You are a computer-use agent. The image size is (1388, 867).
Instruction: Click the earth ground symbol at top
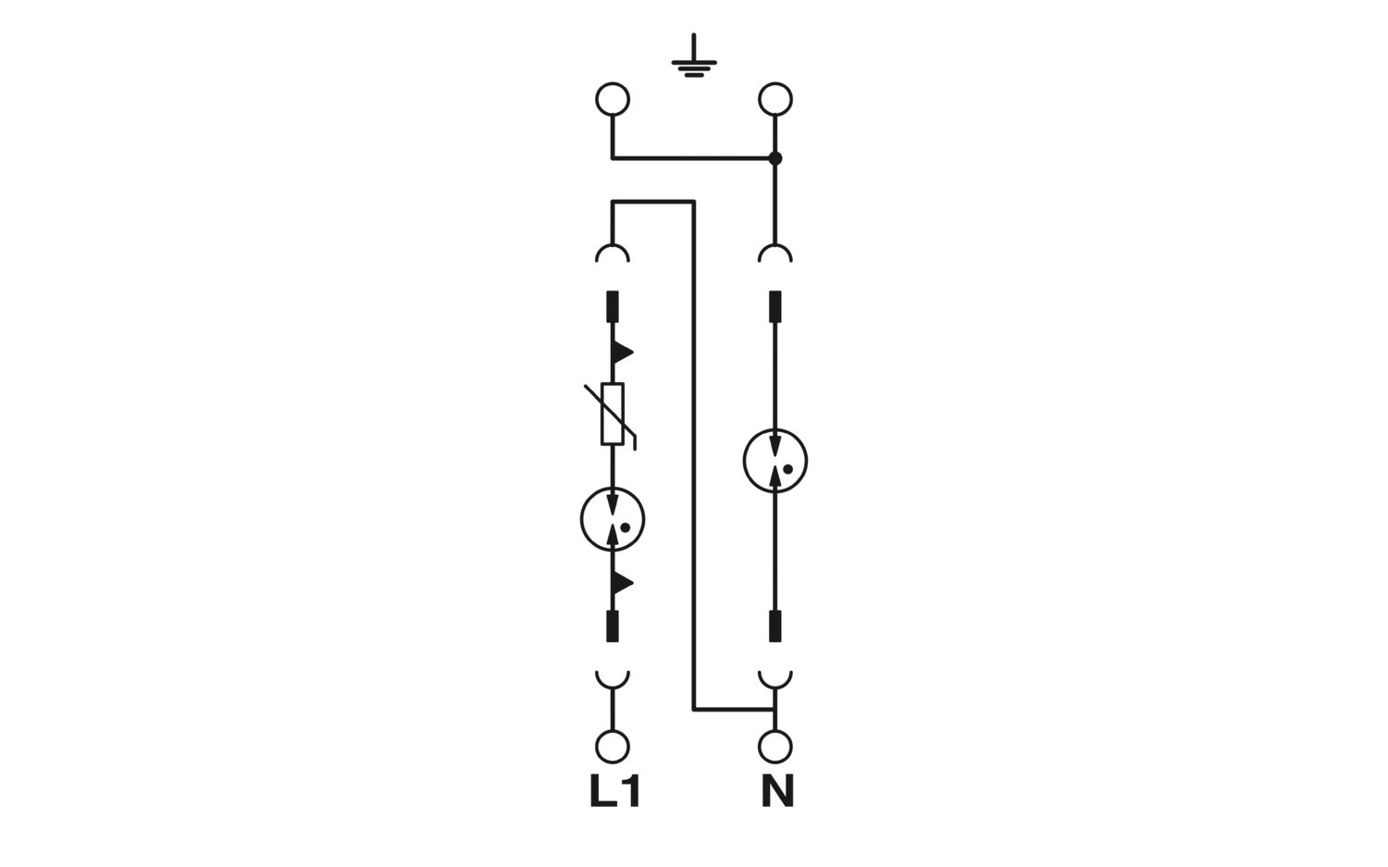694,62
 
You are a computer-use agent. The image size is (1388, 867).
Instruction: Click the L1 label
614,792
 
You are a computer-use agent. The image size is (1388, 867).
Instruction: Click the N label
777,792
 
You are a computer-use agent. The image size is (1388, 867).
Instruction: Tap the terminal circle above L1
613,747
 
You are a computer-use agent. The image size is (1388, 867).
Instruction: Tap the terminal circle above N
775,747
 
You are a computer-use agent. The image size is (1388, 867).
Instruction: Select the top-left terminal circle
613,99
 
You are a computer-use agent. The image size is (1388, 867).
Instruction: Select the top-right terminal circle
775,99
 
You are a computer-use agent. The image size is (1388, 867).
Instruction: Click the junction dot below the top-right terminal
775,158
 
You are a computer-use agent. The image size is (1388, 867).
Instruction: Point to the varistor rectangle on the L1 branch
613,414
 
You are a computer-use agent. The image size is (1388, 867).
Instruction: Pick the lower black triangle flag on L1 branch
622,583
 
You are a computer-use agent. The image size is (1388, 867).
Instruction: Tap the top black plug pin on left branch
613,306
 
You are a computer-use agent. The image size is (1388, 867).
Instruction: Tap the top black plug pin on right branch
775,306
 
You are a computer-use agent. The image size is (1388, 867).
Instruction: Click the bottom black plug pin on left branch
613,625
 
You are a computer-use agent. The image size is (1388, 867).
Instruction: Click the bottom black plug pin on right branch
775,625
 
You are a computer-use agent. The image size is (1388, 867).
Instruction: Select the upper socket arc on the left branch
613,246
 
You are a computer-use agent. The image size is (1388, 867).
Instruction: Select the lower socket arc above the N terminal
775,687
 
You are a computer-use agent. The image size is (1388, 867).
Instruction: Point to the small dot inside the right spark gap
788,469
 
